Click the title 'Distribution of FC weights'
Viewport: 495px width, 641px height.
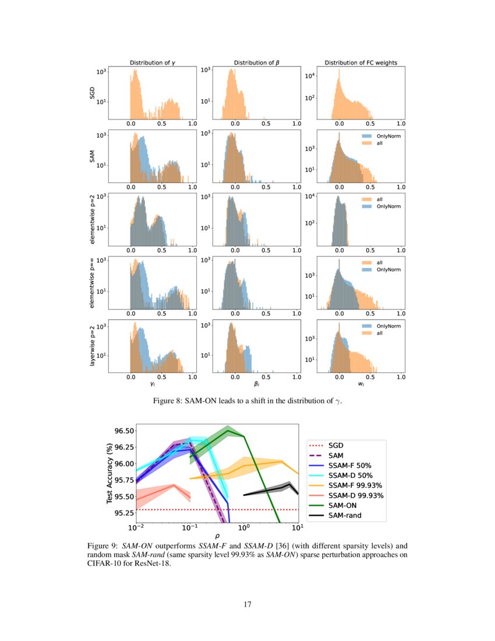(x=361, y=62)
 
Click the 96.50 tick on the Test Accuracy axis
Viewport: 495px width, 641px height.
(x=125, y=431)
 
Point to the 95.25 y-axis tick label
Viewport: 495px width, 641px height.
(x=125, y=513)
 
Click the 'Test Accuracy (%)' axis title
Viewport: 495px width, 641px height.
(x=109, y=473)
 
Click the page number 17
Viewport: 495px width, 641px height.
(x=248, y=604)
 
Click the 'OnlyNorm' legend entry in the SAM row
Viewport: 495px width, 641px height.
(x=379, y=135)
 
